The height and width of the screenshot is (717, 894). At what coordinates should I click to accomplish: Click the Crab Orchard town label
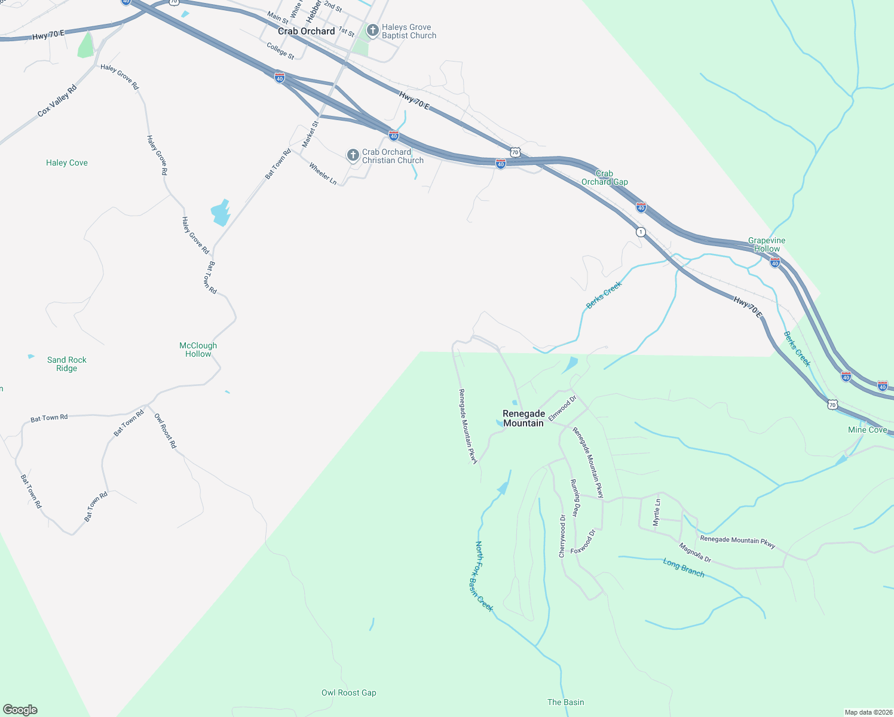coord(306,31)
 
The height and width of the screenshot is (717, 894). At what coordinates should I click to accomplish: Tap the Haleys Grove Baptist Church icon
coord(372,30)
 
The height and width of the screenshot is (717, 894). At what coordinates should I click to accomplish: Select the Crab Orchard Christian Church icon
coord(353,156)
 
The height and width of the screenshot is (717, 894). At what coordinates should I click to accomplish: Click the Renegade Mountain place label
coord(523,418)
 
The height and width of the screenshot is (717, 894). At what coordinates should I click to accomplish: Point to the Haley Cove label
coord(67,163)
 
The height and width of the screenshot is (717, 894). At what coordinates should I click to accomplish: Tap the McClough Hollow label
coord(198,350)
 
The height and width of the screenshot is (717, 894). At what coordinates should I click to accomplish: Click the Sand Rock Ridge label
coord(67,364)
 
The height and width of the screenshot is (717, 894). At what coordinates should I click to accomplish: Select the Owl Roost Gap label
coord(349,693)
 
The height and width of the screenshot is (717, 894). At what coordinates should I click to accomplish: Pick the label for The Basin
coord(566,702)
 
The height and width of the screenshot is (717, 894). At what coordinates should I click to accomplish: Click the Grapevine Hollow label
coord(767,244)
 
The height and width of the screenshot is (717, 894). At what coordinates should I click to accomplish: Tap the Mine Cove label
coord(867,430)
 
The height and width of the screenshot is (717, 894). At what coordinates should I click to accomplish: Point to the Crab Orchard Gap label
coord(605,177)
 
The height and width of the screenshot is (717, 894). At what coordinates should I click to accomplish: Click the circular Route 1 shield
coord(641,232)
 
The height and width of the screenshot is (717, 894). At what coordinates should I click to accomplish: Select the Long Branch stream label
coord(684,568)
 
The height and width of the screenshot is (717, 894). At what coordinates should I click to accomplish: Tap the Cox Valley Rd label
coord(57,101)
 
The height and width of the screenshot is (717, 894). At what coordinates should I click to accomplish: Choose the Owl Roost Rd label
coord(166,430)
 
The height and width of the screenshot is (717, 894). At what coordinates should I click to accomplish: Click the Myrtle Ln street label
coord(657,512)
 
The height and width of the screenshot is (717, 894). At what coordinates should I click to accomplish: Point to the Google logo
coord(20,709)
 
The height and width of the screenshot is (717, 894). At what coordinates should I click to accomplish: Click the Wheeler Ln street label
coord(323,173)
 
